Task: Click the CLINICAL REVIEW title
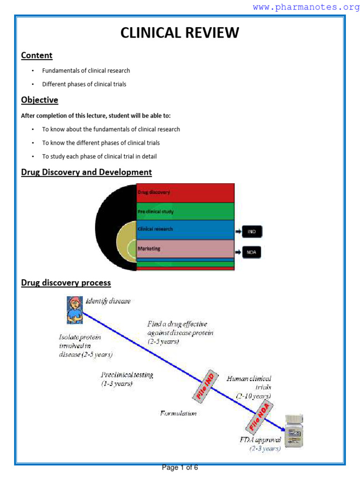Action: [x=180, y=33]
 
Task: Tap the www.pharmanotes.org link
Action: [x=306, y=7]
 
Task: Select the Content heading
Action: [x=37, y=55]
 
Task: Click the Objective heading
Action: [x=39, y=100]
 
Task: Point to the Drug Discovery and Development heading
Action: [x=86, y=172]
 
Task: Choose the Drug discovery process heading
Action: [x=66, y=283]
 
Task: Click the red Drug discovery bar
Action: [x=185, y=193]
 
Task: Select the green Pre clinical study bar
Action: [x=185, y=211]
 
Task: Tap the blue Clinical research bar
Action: [x=185, y=230]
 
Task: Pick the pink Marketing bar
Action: [x=185, y=248]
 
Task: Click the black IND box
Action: [x=252, y=232]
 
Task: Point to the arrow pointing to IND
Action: [x=238, y=232]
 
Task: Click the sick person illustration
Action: [x=73, y=309]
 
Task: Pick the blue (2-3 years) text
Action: [x=265, y=449]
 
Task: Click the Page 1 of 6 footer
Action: [x=180, y=467]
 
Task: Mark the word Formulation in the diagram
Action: [x=178, y=413]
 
